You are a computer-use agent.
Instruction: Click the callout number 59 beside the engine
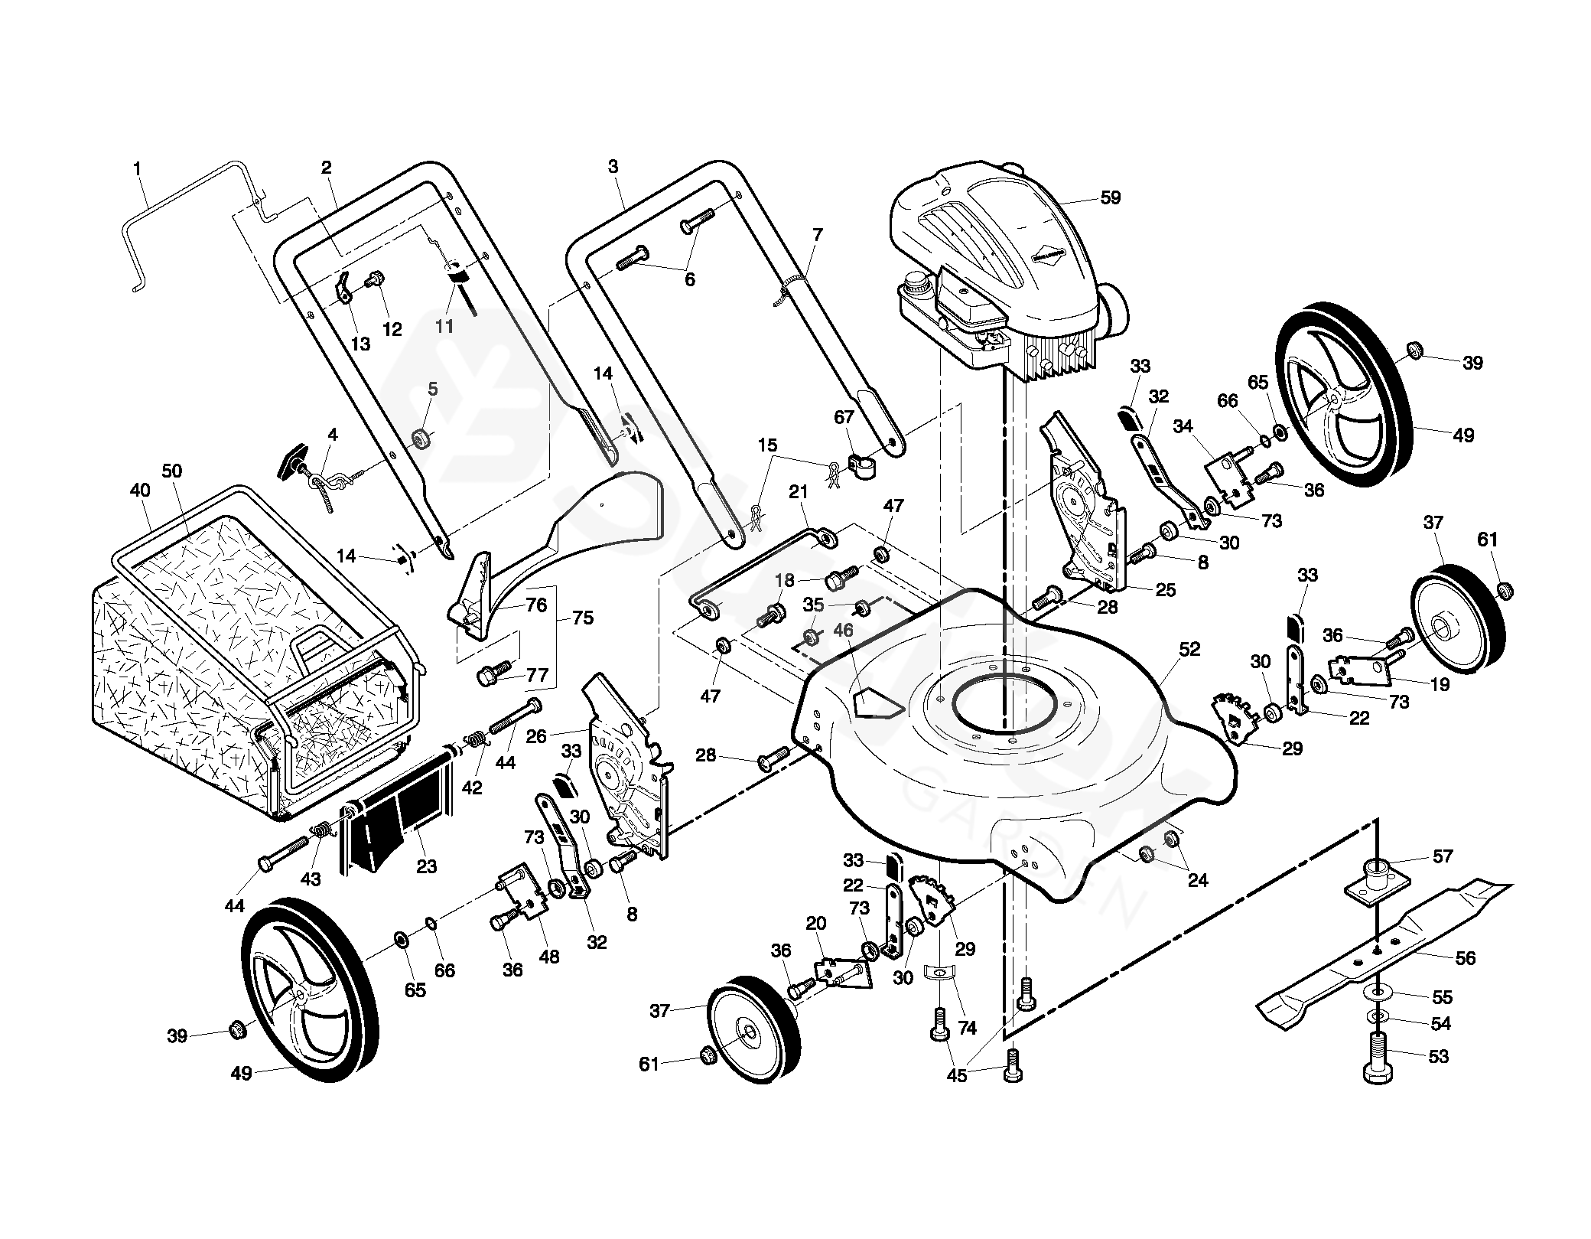(x=1110, y=197)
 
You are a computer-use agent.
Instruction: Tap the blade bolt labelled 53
(x=1378, y=1056)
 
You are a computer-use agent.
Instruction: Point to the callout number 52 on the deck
(x=1189, y=649)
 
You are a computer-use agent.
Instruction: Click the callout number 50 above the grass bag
(x=172, y=471)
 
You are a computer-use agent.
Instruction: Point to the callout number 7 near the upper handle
(x=818, y=234)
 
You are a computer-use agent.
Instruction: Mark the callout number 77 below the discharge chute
(x=538, y=674)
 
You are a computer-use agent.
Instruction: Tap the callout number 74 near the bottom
(x=968, y=1028)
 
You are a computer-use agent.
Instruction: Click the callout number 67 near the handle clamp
(x=844, y=417)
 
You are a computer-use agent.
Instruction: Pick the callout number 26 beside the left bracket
(x=536, y=736)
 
